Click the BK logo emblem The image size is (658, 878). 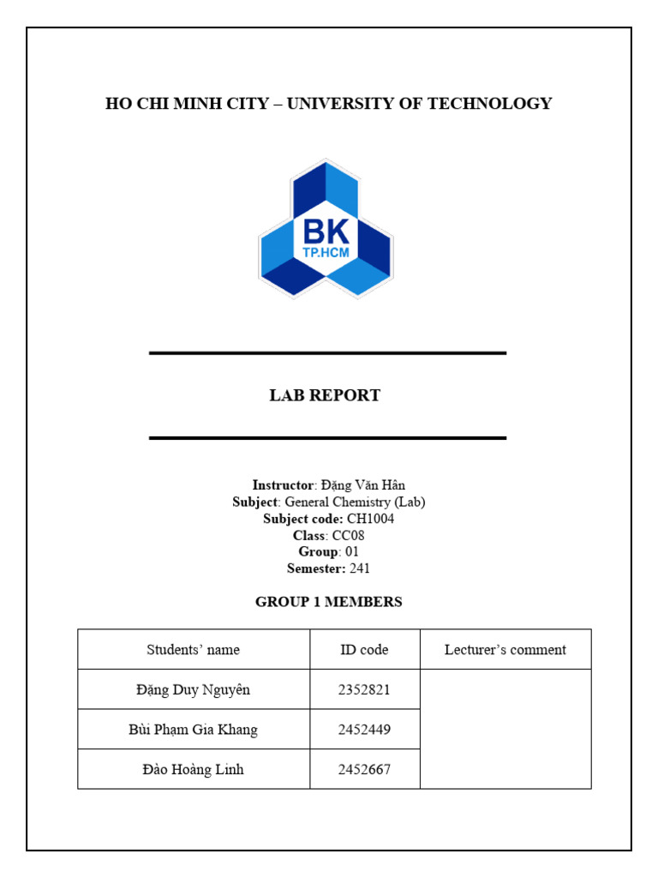coord(326,228)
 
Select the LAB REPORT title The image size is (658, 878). coord(325,395)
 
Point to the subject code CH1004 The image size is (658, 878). coord(370,519)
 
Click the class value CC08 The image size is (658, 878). coord(349,535)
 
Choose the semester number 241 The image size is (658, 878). coord(360,568)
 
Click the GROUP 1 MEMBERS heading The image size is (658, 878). coord(328,602)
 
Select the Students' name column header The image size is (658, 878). coord(193,649)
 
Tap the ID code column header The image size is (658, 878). coord(364,649)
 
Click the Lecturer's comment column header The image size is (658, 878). coord(505,649)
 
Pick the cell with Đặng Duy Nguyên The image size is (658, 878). coord(193,689)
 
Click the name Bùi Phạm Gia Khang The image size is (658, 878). coord(193,730)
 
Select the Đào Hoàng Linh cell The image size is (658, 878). coord(193,769)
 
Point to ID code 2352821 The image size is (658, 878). coord(364,689)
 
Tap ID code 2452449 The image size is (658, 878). coord(364,730)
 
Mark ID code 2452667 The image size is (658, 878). coord(364,769)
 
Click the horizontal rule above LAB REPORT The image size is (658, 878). coord(327,352)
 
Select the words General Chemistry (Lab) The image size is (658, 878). coord(355,502)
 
